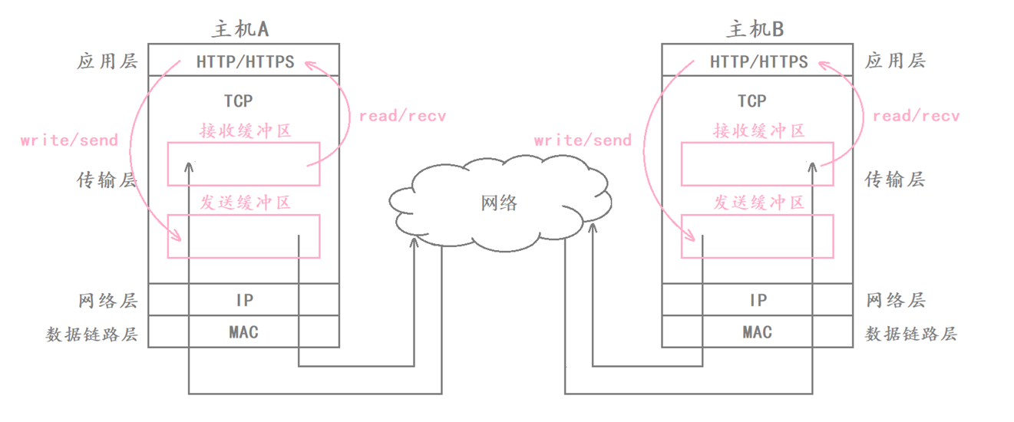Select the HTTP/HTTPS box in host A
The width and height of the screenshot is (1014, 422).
tap(244, 61)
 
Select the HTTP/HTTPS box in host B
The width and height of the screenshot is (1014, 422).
tap(758, 61)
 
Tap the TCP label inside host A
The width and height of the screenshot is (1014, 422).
tap(238, 101)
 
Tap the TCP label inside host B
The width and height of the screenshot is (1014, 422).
tap(752, 101)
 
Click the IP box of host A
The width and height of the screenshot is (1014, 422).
tap(244, 300)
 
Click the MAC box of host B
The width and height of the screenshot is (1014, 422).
tap(758, 332)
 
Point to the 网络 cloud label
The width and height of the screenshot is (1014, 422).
tap(499, 203)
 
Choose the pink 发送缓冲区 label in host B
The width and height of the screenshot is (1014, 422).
tap(759, 203)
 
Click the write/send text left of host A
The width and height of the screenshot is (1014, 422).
tap(69, 140)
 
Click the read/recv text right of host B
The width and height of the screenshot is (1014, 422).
tap(916, 116)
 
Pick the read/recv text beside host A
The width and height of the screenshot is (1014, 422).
tap(402, 116)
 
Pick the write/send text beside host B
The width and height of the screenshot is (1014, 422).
tap(583, 140)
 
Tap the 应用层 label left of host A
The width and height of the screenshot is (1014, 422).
tap(107, 61)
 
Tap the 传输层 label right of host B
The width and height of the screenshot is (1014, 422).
tap(895, 180)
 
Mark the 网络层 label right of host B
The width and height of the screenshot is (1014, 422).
tap(895, 300)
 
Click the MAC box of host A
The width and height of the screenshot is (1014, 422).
tap(244, 332)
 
